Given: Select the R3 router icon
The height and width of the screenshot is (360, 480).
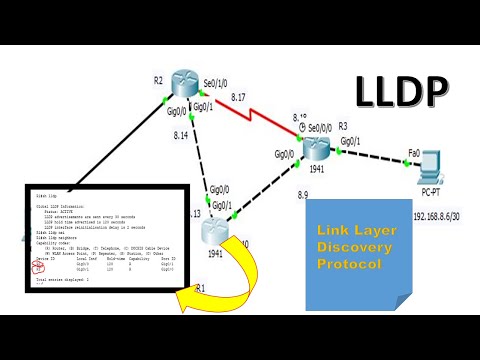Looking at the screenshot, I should click(x=317, y=146).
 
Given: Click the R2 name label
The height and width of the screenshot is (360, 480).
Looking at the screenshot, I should click(x=158, y=79).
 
